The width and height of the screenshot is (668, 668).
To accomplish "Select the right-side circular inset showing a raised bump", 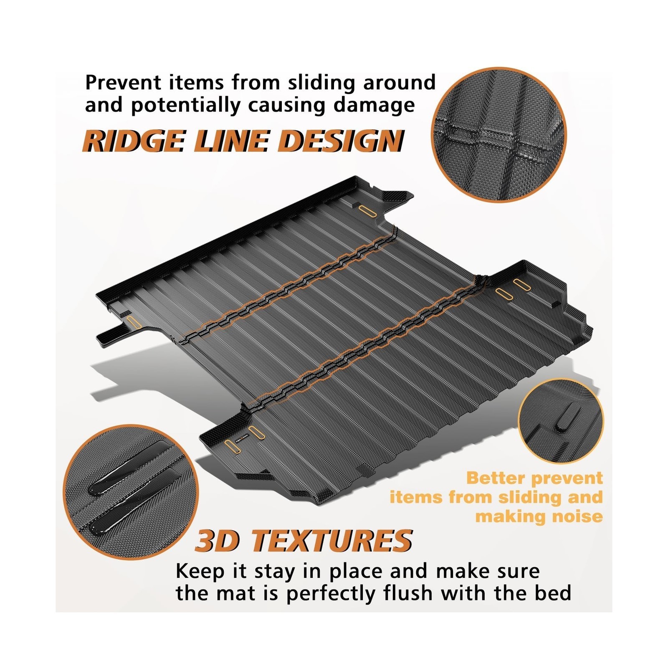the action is point(560,422).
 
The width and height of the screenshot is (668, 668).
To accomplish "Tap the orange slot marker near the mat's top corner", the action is point(367,210).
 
